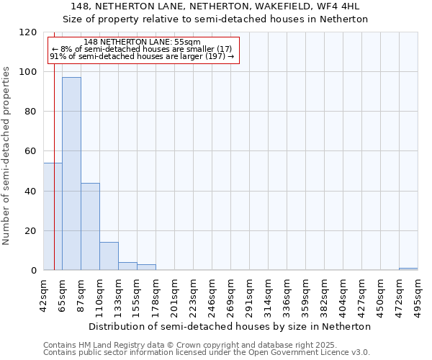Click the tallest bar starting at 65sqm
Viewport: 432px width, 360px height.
[x=71, y=174]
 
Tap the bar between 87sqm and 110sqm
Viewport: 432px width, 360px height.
[x=90, y=227]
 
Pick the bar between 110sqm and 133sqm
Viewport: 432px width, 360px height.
[x=109, y=256]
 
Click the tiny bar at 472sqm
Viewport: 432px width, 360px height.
[x=408, y=269]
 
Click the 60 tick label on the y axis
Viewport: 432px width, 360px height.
[x=31, y=151]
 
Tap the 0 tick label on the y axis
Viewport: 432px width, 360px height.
[x=34, y=271]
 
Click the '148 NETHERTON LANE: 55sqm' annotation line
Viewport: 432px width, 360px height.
[x=142, y=42]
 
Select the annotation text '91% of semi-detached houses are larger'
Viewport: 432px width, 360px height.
[x=142, y=56]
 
